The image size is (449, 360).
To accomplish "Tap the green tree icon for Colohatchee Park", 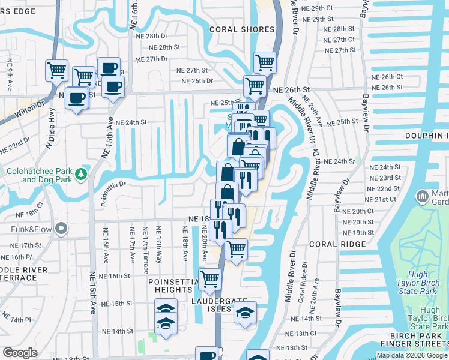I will click(x=82, y=175).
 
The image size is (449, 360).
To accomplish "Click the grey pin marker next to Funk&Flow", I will click(x=61, y=229).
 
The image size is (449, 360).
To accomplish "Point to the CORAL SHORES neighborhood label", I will click(x=237, y=29).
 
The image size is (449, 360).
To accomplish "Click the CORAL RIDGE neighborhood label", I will click(x=337, y=244).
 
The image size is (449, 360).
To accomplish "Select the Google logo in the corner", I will click(x=19, y=353).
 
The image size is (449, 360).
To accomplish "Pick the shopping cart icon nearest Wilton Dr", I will click(x=57, y=70).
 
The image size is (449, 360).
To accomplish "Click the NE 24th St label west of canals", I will click(x=131, y=122).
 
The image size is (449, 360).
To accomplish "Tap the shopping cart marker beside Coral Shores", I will click(x=265, y=61).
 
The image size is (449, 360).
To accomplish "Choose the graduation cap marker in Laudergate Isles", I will click(x=245, y=313).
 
